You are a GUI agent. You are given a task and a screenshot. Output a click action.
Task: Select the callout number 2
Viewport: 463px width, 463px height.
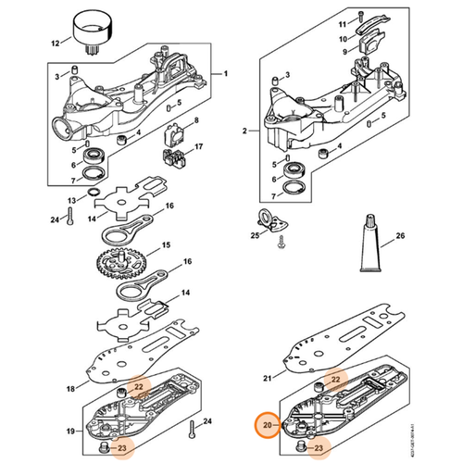[x=244, y=132]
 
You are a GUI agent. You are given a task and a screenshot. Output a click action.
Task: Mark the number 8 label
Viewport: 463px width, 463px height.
[x=195, y=121]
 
